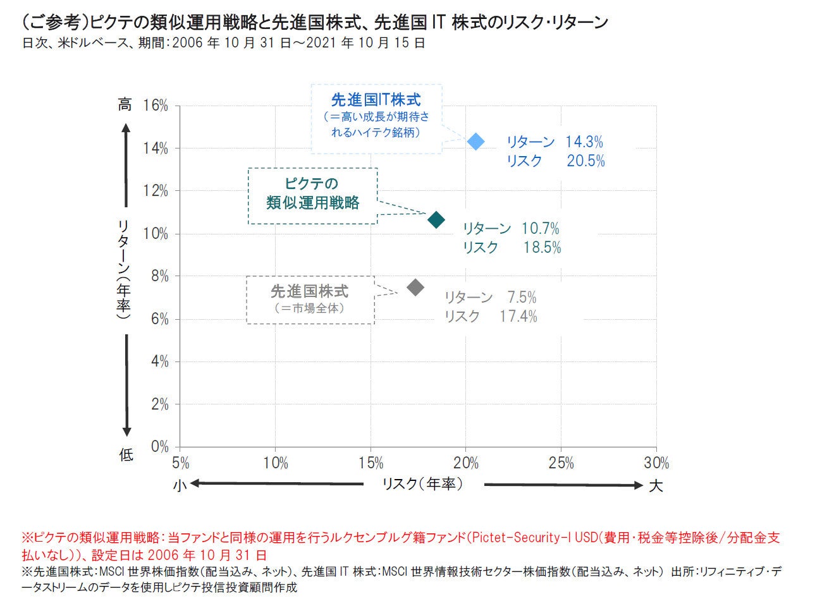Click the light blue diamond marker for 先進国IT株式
pyautogui.click(x=475, y=142)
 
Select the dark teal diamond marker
pyautogui.click(x=436, y=220)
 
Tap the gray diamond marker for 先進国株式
pyautogui.click(x=415, y=288)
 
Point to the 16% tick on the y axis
pyautogui.click(x=156, y=106)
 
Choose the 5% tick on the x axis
pyautogui.click(x=180, y=463)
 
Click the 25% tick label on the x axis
pyautogui.click(x=561, y=463)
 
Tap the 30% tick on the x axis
pyautogui.click(x=656, y=463)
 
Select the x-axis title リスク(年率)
pyautogui.click(x=422, y=484)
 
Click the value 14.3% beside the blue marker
pyautogui.click(x=584, y=142)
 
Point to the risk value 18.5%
pyautogui.click(x=542, y=248)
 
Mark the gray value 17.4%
pyautogui.click(x=518, y=316)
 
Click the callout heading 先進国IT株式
pyautogui.click(x=376, y=100)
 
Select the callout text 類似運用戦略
pyautogui.click(x=312, y=203)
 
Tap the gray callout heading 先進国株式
pyautogui.click(x=309, y=292)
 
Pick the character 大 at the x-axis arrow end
pyautogui.click(x=656, y=485)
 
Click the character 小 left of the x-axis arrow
pyautogui.click(x=180, y=485)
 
